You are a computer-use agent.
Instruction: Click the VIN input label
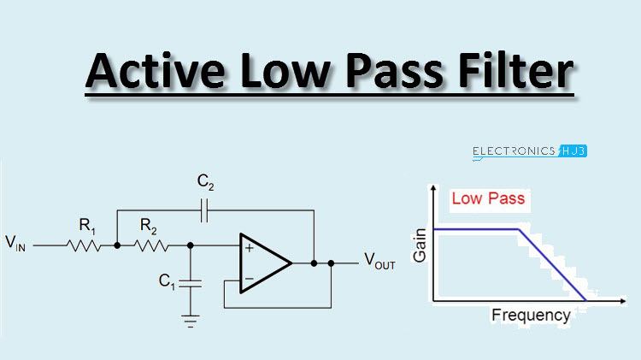(x=15, y=245)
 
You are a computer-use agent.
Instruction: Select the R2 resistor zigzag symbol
(x=153, y=245)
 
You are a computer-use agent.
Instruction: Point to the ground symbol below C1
(x=189, y=320)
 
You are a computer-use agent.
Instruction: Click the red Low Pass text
(x=487, y=199)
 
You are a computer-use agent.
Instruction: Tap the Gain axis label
(x=419, y=245)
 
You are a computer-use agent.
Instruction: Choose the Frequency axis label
(x=530, y=315)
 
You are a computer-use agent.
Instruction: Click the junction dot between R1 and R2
(x=117, y=245)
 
